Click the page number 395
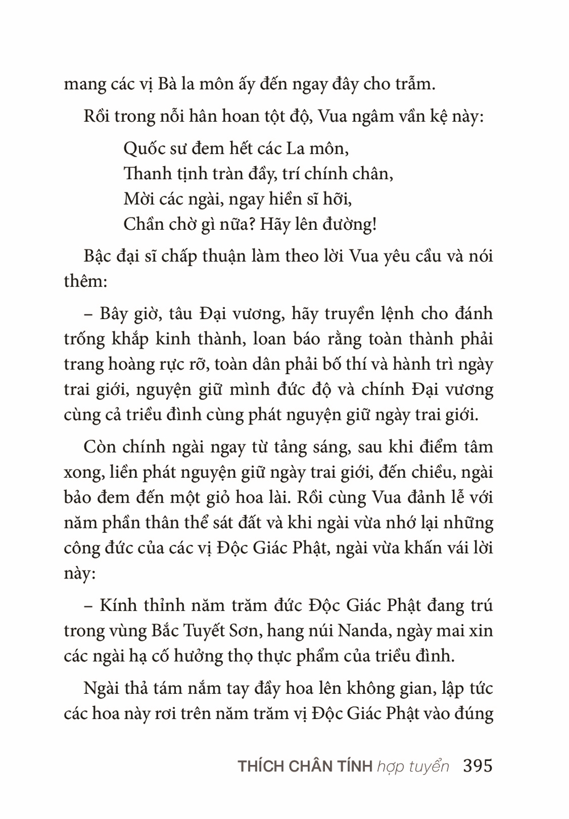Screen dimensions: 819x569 478,766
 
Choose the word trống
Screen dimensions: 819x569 85,340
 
